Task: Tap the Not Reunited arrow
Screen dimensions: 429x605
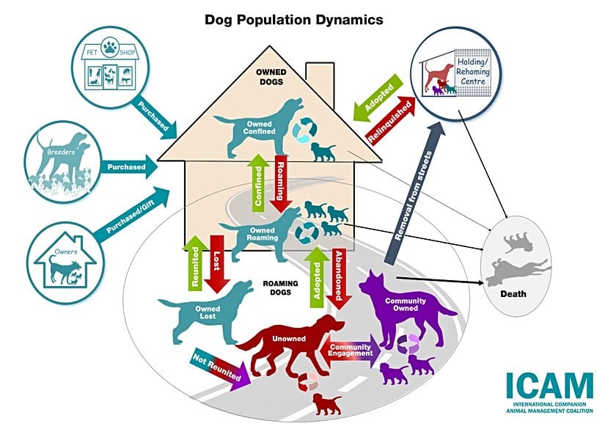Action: [219, 366]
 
